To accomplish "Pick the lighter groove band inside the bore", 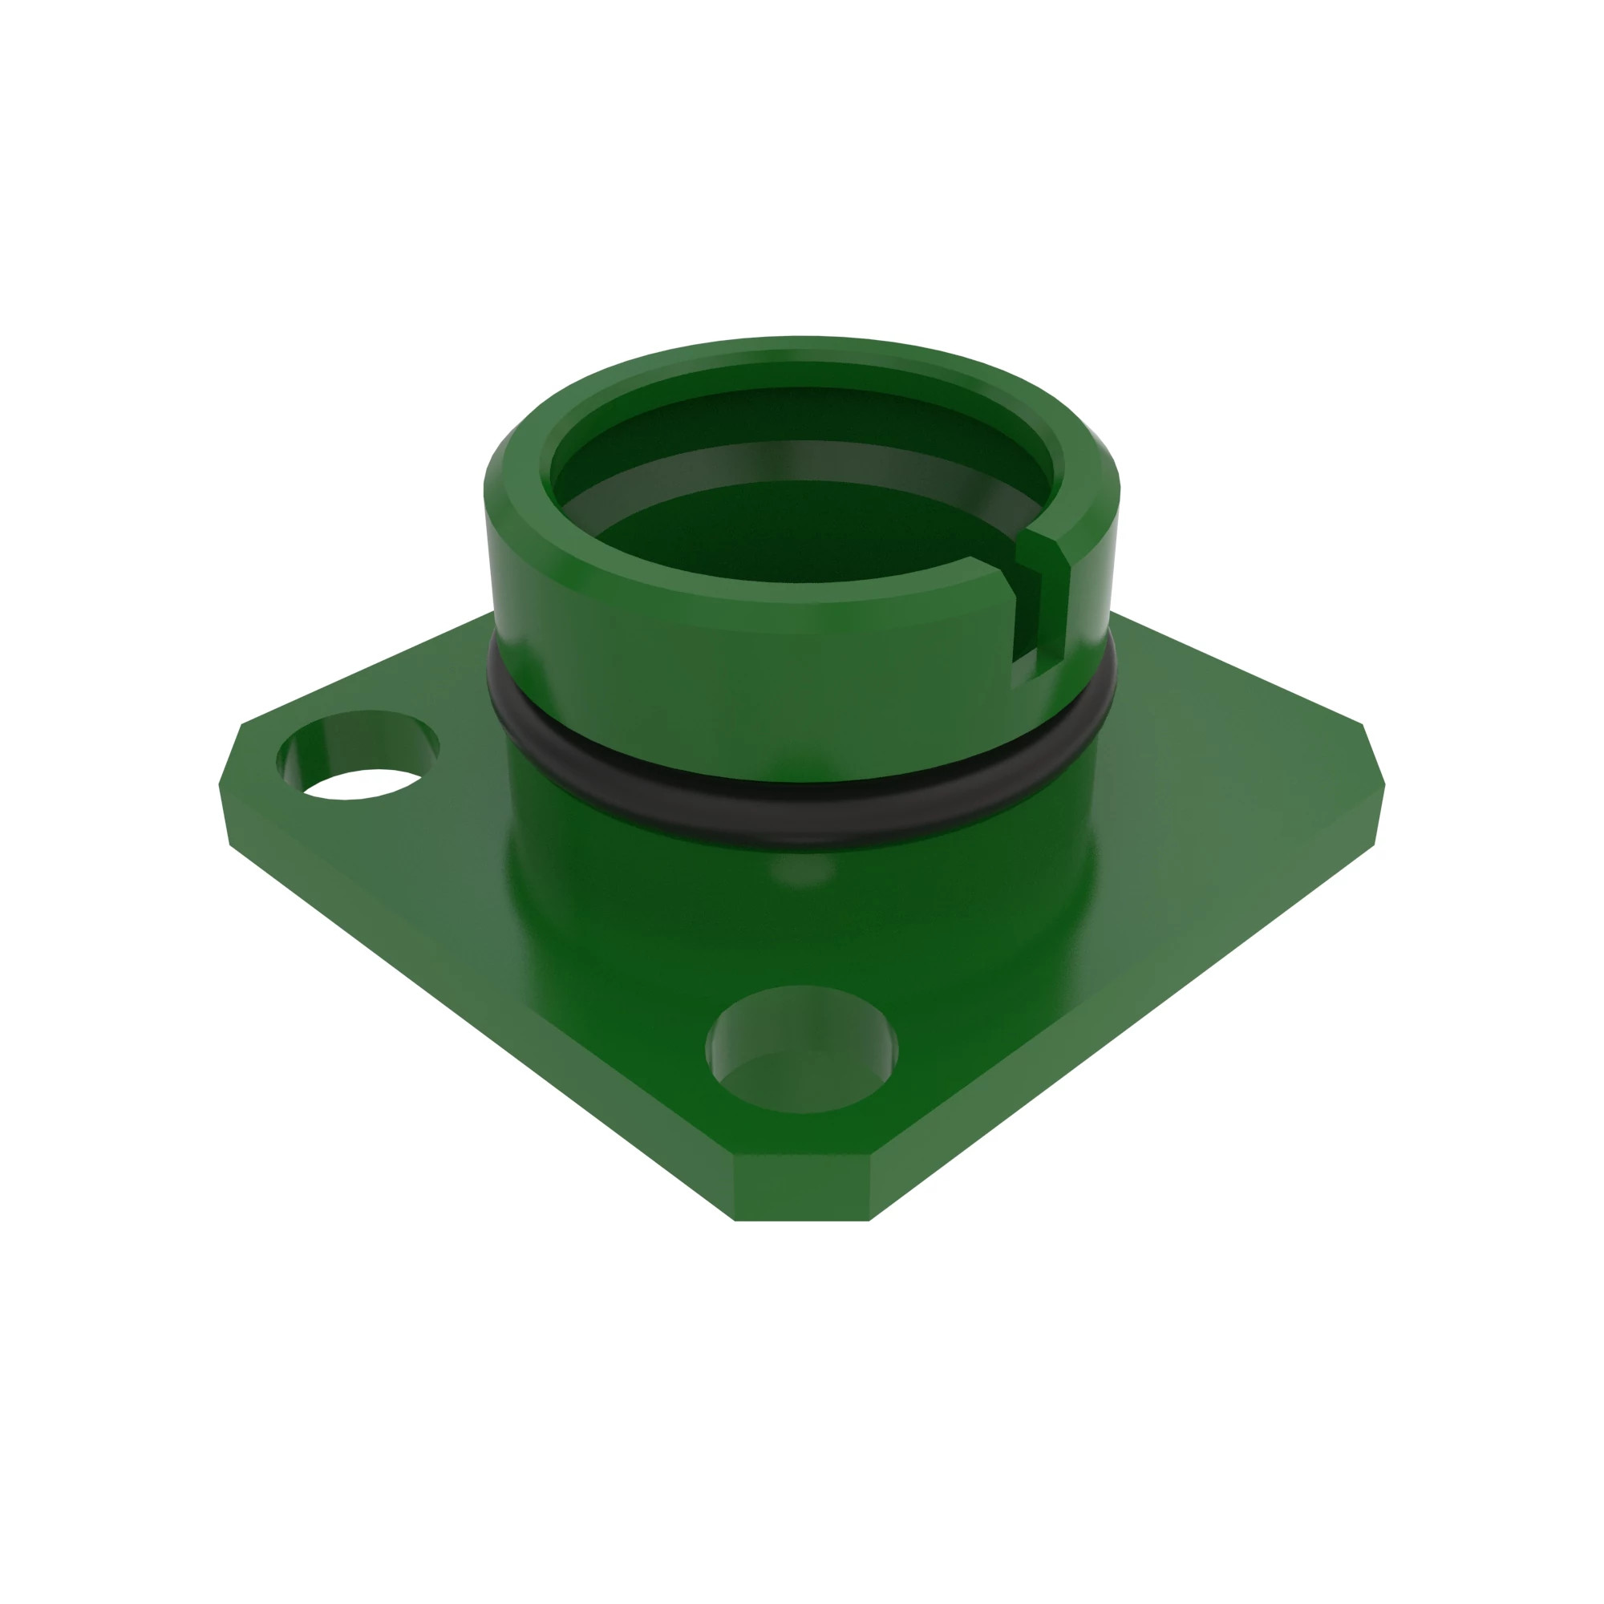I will pos(797,461).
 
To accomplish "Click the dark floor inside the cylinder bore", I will pos(797,532).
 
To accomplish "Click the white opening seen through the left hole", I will pos(362,784).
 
